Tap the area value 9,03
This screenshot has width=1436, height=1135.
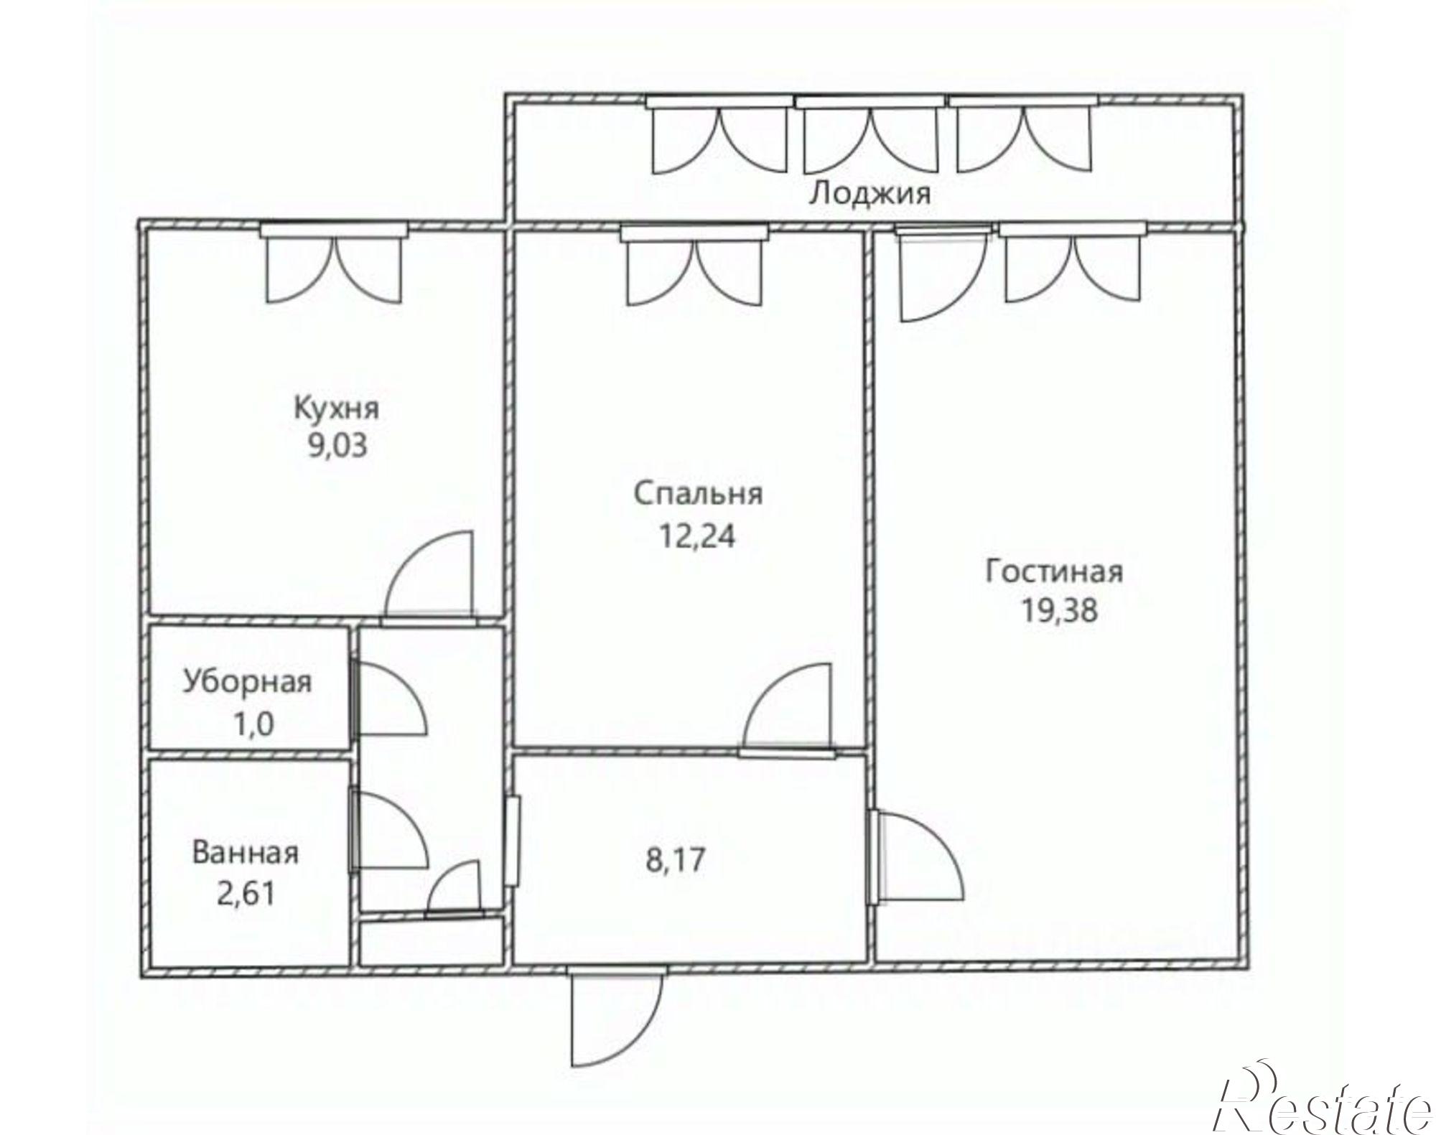pos(337,446)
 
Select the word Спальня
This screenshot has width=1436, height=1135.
pos(698,494)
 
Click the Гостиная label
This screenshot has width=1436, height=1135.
pos(1054,571)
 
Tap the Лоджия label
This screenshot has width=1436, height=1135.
pos(869,194)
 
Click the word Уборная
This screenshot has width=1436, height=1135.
pos(248,681)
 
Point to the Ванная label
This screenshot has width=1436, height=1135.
pos(246,854)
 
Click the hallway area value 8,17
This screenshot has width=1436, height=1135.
pos(675,859)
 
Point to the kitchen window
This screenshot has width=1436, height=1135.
pos(334,230)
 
